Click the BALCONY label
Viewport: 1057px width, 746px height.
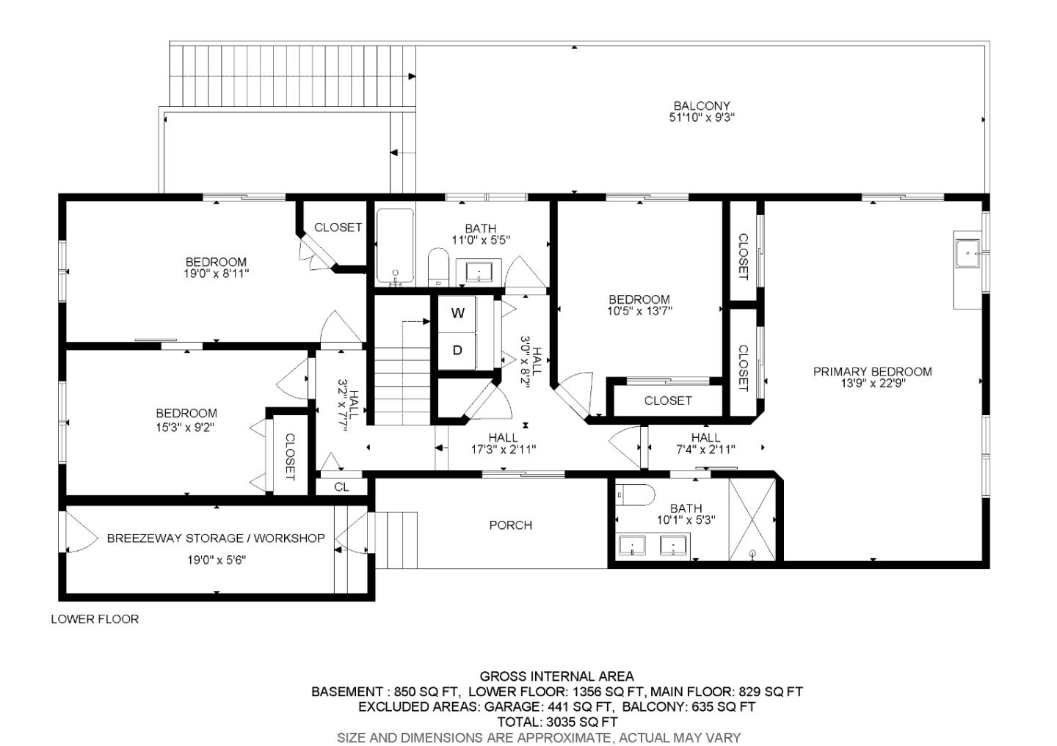click(701, 106)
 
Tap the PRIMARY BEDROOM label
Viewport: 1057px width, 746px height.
click(872, 372)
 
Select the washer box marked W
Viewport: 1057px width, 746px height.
click(457, 314)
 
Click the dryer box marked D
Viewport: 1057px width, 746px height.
click(457, 351)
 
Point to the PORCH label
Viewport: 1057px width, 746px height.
click(510, 525)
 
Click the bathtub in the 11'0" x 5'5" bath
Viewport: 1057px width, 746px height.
click(395, 246)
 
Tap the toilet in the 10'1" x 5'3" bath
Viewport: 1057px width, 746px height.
click(635, 497)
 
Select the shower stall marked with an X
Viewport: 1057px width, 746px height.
click(752, 519)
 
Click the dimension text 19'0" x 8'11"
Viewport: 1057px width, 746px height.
click(216, 274)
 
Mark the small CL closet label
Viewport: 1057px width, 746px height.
click(341, 487)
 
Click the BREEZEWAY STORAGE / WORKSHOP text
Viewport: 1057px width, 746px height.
click(216, 538)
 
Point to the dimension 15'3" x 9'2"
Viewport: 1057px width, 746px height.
click(186, 427)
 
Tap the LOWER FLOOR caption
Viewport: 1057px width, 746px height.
click(95, 619)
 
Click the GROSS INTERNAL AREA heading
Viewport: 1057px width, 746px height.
click(556, 676)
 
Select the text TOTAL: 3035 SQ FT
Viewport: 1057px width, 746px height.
click(556, 722)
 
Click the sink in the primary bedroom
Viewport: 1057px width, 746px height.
click(967, 253)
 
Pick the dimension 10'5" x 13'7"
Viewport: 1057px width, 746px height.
click(639, 310)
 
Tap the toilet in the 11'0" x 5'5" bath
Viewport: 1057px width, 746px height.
click(438, 265)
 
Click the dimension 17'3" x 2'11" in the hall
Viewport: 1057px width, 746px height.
click(503, 449)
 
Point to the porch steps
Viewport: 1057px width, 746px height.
click(396, 540)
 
